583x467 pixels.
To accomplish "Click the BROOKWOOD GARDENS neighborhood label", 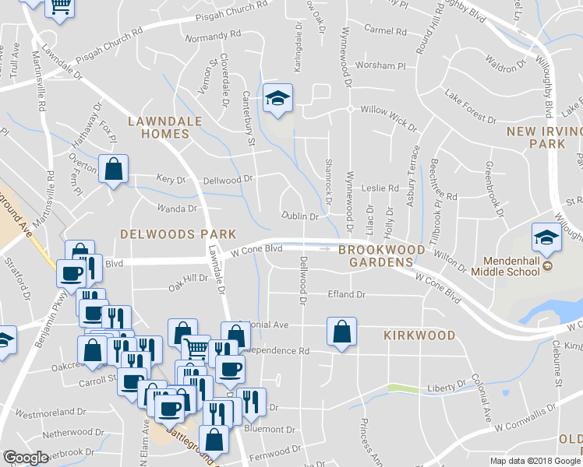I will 382,255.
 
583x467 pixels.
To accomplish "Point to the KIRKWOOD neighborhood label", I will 419,335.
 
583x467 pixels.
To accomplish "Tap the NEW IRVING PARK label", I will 542,138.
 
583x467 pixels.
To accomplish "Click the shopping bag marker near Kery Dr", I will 113,169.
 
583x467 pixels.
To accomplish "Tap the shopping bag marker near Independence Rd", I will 341,332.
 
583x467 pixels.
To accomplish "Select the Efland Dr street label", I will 348,295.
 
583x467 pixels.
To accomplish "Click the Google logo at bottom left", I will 25,458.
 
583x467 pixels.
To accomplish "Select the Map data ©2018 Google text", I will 535,461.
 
